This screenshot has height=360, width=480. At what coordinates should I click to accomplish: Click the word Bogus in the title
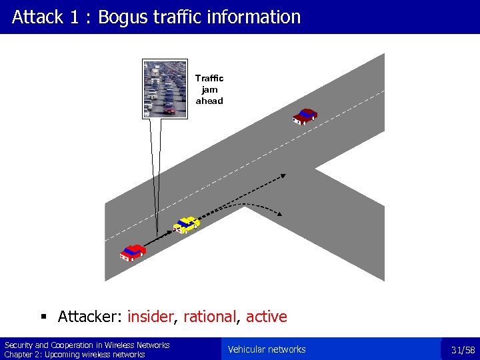click(123, 17)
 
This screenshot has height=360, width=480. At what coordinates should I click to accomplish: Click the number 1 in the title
click(75, 17)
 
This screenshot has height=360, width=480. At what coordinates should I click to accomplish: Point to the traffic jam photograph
click(160, 89)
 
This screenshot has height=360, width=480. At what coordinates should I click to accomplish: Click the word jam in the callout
click(209, 89)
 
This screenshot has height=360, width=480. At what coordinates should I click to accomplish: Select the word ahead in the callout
click(209, 101)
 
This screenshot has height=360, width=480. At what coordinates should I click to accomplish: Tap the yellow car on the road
click(187, 225)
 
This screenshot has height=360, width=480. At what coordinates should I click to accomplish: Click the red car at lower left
click(133, 252)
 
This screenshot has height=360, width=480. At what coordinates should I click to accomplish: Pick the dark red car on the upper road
click(305, 116)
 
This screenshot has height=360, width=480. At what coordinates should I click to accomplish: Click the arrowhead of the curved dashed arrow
click(280, 214)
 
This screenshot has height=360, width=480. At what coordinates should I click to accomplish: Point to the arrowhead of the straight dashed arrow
click(283, 176)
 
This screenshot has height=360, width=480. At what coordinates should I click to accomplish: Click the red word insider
click(150, 317)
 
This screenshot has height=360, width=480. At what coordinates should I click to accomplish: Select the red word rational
click(210, 317)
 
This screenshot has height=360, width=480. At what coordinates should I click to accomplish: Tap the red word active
click(267, 317)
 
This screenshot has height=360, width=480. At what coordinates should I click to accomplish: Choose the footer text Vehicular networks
click(267, 349)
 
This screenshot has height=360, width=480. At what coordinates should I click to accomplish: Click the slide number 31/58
click(463, 350)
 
